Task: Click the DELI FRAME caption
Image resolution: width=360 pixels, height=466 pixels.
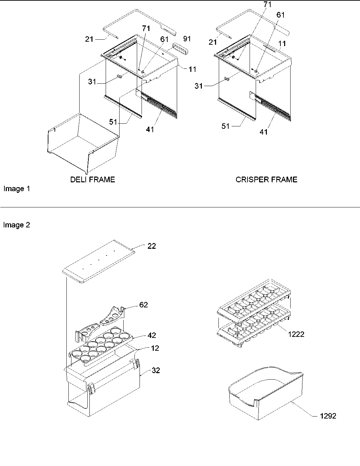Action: (x=92, y=180)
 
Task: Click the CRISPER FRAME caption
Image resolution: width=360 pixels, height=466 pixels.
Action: (x=266, y=180)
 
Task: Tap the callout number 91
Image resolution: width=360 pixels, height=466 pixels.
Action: (x=187, y=39)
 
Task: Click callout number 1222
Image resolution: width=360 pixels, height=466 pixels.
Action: (x=296, y=334)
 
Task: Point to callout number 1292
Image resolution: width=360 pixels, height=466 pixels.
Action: (x=328, y=416)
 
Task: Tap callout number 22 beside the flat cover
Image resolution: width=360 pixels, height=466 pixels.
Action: (x=152, y=246)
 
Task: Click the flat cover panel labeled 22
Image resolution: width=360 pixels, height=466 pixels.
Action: (x=98, y=261)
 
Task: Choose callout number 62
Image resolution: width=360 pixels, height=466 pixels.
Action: (x=144, y=305)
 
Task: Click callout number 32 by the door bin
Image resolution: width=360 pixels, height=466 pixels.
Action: (x=155, y=370)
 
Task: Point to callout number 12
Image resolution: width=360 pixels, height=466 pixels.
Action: (x=155, y=348)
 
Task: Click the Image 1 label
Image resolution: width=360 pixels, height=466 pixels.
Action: (x=17, y=189)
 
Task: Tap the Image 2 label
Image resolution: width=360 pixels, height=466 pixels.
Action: (x=17, y=225)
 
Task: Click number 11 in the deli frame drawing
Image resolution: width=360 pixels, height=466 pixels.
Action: (x=192, y=69)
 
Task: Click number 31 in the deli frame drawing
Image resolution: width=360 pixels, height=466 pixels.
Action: (x=92, y=82)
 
